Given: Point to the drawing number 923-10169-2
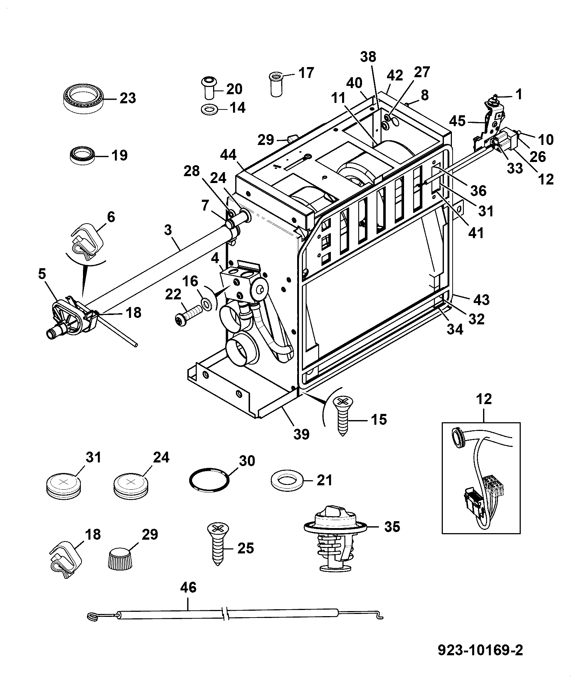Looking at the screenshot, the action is [481, 650].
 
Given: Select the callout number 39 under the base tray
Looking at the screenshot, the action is [302, 434].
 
